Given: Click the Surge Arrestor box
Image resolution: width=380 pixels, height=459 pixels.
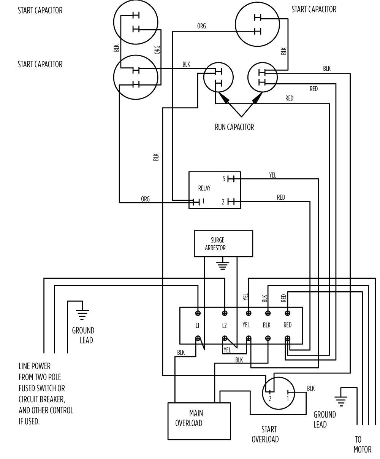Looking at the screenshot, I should coord(223,243).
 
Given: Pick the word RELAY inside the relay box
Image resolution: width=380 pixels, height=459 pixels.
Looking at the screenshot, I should coord(204,188).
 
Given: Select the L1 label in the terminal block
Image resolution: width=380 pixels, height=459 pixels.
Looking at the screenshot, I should coord(198,326).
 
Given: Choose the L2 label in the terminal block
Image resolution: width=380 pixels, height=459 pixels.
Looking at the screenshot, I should coord(225,326).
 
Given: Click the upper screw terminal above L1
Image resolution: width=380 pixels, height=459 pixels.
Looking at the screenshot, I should coord(198,313).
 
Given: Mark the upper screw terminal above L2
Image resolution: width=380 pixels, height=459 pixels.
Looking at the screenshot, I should coord(225,313).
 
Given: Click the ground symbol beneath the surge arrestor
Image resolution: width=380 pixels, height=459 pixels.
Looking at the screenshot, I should coord(223,265).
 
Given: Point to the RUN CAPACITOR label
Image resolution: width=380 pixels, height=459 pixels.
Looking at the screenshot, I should coord(234,127).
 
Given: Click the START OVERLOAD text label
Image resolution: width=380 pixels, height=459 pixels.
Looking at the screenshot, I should coord(265,434).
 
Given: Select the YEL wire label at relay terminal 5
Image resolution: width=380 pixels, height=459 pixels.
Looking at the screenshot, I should coord(272,175).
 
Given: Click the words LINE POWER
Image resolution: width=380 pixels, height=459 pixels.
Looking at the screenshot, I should coord(35,366).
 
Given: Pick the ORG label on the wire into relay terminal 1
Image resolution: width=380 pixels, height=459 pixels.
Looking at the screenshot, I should coord(145,199).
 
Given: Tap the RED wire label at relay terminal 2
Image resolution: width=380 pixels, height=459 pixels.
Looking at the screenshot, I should coord(281,197).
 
